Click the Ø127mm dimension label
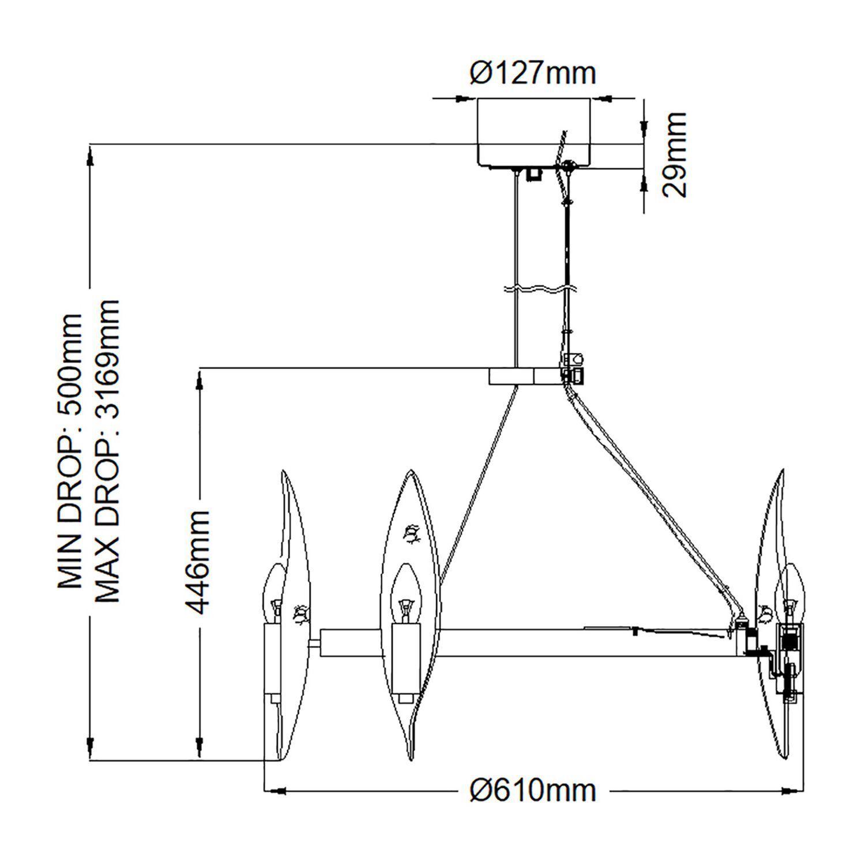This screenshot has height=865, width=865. [x=533, y=73]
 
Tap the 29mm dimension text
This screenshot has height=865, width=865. [x=674, y=155]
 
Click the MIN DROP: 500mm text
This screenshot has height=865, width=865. [x=70, y=452]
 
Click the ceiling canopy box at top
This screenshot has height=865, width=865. [x=533, y=133]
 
